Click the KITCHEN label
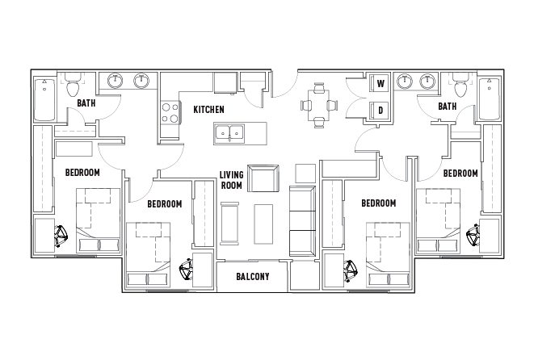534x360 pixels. tap(208, 110)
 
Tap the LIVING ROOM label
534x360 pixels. tap(232, 180)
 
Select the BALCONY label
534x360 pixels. tap(253, 277)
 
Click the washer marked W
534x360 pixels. tap(381, 83)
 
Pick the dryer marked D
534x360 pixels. tap(381, 111)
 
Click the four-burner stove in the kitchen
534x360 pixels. tap(170, 113)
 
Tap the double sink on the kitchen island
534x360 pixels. tap(229, 133)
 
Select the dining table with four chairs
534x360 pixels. tap(319, 105)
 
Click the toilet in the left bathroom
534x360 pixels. tap(72, 85)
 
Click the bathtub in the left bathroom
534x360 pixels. tap(44, 99)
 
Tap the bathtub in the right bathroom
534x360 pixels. tap(490, 98)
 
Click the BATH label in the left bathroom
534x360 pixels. tap(86, 103)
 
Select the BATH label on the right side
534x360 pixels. tap(448, 107)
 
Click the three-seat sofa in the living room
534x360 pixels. tap(302, 220)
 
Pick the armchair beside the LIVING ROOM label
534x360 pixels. tap(263, 178)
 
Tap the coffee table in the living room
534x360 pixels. tap(263, 224)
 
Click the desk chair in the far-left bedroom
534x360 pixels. tap(61, 236)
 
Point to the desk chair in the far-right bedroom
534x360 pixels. tap(473, 234)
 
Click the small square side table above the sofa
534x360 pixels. tap(305, 174)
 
